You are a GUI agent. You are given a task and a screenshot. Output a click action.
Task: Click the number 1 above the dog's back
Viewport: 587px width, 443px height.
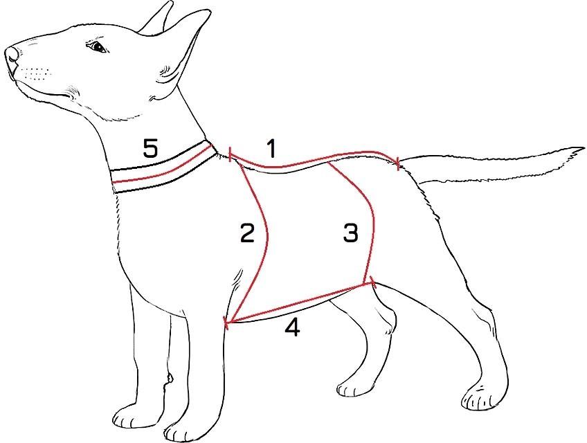271,149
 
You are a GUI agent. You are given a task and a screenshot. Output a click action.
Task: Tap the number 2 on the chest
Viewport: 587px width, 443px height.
247,233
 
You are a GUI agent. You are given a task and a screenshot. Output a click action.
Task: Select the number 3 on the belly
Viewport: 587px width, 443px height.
350,233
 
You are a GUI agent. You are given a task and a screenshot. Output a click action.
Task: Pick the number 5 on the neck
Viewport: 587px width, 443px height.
150,148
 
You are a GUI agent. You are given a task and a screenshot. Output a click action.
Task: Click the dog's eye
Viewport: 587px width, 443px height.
98,47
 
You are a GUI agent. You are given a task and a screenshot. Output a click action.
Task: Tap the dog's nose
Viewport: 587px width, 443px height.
12,55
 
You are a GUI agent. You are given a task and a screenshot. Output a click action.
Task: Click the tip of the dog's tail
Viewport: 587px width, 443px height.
583,148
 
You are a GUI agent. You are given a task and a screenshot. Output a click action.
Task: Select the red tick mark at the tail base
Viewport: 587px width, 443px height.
398,163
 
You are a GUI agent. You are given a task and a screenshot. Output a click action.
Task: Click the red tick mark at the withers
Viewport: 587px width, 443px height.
230,154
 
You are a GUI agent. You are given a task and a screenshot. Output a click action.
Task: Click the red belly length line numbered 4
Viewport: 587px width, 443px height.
300,302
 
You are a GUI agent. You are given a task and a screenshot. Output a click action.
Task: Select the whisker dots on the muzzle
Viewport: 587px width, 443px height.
35,73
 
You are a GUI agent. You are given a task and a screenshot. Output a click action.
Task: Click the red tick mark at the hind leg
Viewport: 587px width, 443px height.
372,282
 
